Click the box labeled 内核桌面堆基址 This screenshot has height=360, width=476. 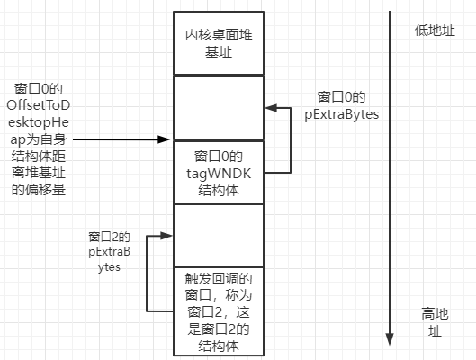[219, 43]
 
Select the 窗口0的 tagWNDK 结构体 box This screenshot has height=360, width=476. [219, 173]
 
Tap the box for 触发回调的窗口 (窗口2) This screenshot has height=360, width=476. [219, 311]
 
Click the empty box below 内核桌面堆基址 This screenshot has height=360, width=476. [219, 108]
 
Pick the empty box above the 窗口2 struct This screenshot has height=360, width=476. [219, 236]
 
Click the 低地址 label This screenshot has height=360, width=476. [435, 31]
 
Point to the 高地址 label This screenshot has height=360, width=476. [435, 322]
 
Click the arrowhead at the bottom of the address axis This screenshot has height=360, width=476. [390, 339]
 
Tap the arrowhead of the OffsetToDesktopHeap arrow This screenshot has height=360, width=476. [164, 139]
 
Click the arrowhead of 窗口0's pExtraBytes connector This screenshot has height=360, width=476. [271, 108]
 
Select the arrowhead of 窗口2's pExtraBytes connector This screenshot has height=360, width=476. [166, 236]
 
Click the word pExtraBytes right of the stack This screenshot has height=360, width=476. [342, 114]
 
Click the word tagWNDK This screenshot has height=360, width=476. [219, 174]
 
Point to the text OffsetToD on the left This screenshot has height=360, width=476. [39, 105]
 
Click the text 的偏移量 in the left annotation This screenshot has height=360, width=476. [39, 190]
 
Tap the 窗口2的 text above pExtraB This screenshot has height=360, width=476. [109, 237]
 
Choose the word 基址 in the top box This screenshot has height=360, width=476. [219, 52]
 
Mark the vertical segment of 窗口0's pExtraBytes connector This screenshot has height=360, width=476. [291, 140]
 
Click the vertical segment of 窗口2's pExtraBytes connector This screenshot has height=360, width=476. [147, 274]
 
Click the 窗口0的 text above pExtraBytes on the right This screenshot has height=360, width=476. [342, 97]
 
